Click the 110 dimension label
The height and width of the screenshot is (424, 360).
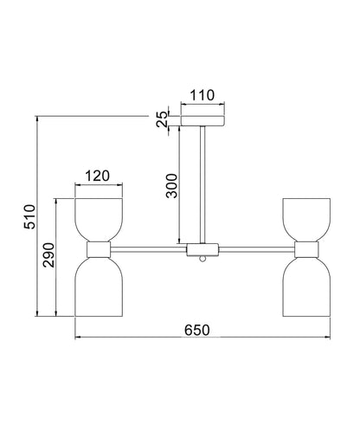pos(202,95)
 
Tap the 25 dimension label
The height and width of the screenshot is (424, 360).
pos(162,119)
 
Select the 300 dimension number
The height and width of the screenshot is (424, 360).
pos(171,186)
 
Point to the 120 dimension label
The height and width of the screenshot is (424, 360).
pos(98,176)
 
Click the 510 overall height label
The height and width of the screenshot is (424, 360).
pos(29,216)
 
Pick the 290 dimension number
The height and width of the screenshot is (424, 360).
pos(48,255)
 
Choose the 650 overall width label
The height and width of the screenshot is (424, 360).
pos(197,330)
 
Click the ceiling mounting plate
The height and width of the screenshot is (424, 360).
pos(202,121)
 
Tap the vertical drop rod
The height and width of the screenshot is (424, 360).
pos(202,184)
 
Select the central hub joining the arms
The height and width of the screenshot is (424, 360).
pos(202,250)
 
